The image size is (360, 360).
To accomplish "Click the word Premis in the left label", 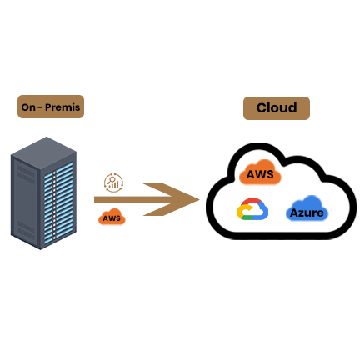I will pyautogui.click(x=62, y=107).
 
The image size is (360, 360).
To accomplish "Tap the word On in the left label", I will pyautogui.click(x=29, y=107).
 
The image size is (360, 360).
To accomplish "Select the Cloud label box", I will pyautogui.click(x=277, y=108).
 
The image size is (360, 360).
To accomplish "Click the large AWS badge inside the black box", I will pyautogui.click(x=262, y=173).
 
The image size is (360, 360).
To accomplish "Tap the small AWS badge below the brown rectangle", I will pyautogui.click(x=112, y=217).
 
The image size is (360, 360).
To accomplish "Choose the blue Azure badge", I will pyautogui.click(x=306, y=212).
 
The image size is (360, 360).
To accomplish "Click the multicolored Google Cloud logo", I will pyautogui.click(x=251, y=208).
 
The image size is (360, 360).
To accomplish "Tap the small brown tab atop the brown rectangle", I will pyautogui.click(x=113, y=177).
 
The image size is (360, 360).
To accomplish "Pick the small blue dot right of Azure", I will pyautogui.click(x=331, y=211).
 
